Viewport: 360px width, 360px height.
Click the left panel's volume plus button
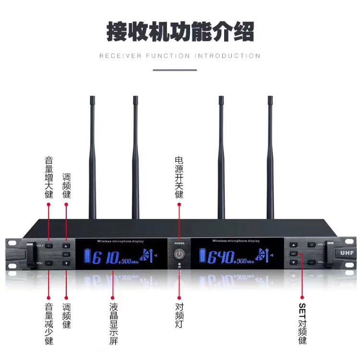[49, 246]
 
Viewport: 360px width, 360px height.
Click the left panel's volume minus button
[49, 263]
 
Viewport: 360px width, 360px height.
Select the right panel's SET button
[293, 253]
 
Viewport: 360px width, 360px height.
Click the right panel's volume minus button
[312, 262]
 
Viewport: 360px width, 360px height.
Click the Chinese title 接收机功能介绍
[180, 31]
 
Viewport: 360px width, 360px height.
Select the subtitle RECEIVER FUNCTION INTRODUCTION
[180, 56]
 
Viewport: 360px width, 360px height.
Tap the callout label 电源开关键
[179, 177]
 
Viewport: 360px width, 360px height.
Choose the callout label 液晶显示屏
[113, 324]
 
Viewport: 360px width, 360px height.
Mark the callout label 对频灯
[179, 315]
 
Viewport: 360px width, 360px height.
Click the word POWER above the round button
[179, 243]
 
